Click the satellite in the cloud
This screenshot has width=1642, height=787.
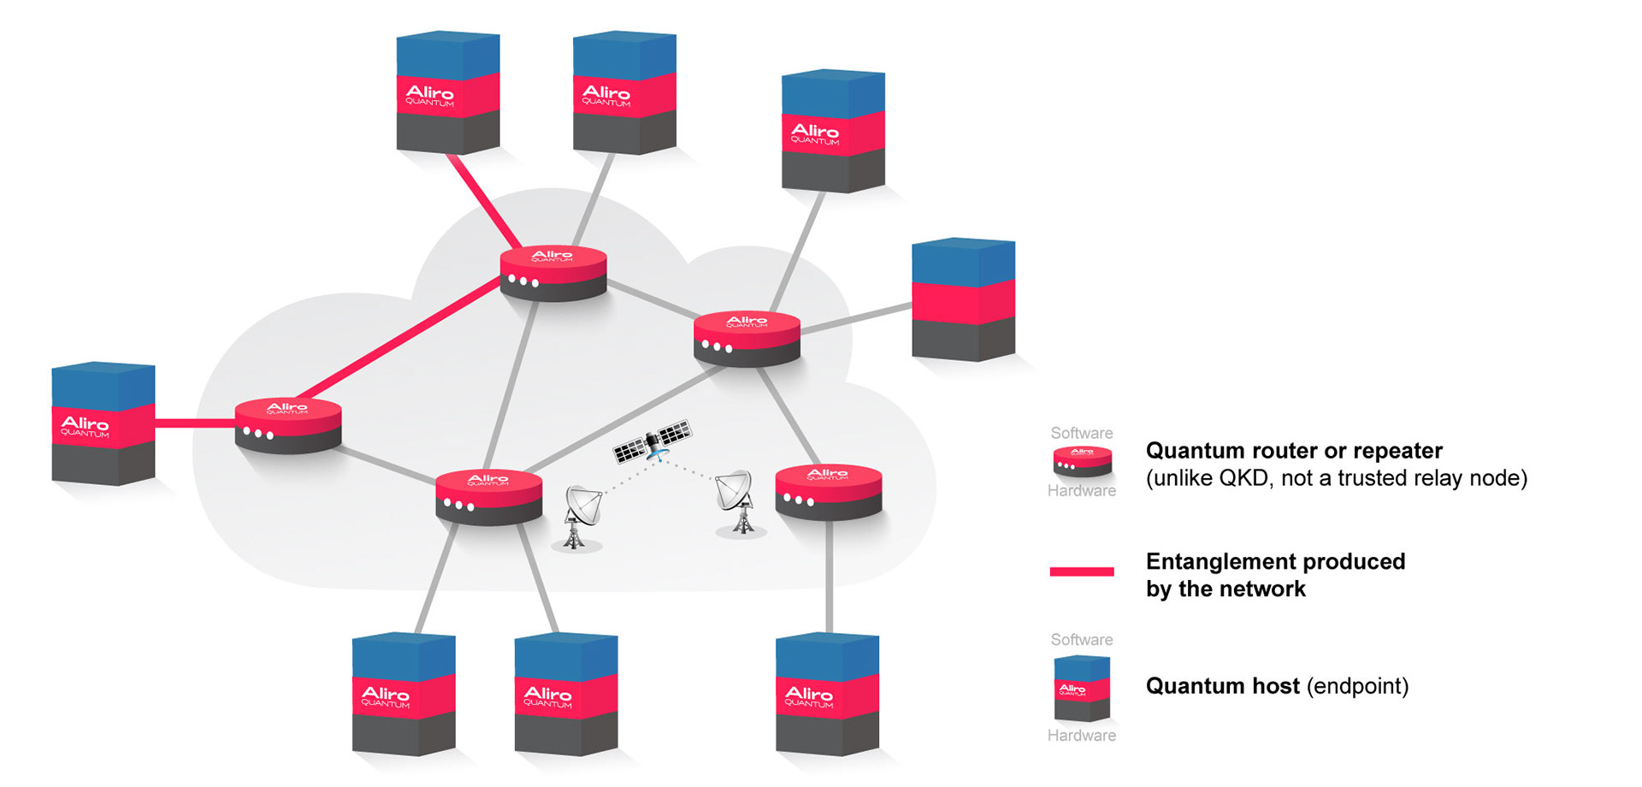click(x=653, y=441)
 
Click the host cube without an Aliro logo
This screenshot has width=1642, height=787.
click(x=963, y=299)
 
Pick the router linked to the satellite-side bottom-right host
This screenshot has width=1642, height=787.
click(x=828, y=492)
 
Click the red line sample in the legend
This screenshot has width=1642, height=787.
click(x=1082, y=571)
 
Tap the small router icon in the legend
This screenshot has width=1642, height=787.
click(x=1082, y=462)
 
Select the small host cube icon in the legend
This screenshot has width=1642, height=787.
click(x=1082, y=688)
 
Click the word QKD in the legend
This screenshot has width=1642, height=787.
click(x=1244, y=478)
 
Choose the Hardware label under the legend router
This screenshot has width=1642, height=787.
click(x=1082, y=491)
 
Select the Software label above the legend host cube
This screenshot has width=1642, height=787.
click(x=1082, y=640)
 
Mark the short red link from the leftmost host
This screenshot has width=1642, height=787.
click(x=195, y=423)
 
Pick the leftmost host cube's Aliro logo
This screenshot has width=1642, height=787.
click(x=85, y=425)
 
